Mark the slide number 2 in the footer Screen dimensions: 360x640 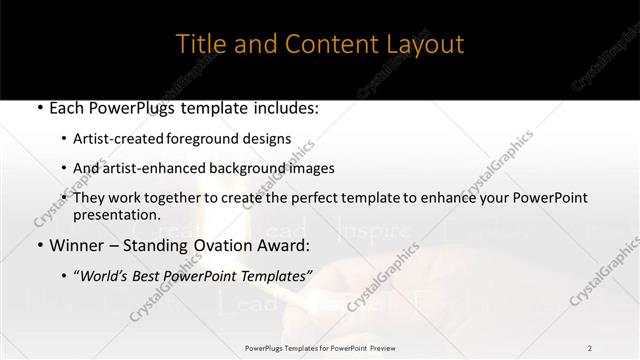tap(590, 348)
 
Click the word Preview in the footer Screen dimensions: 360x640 tap(382, 348)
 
